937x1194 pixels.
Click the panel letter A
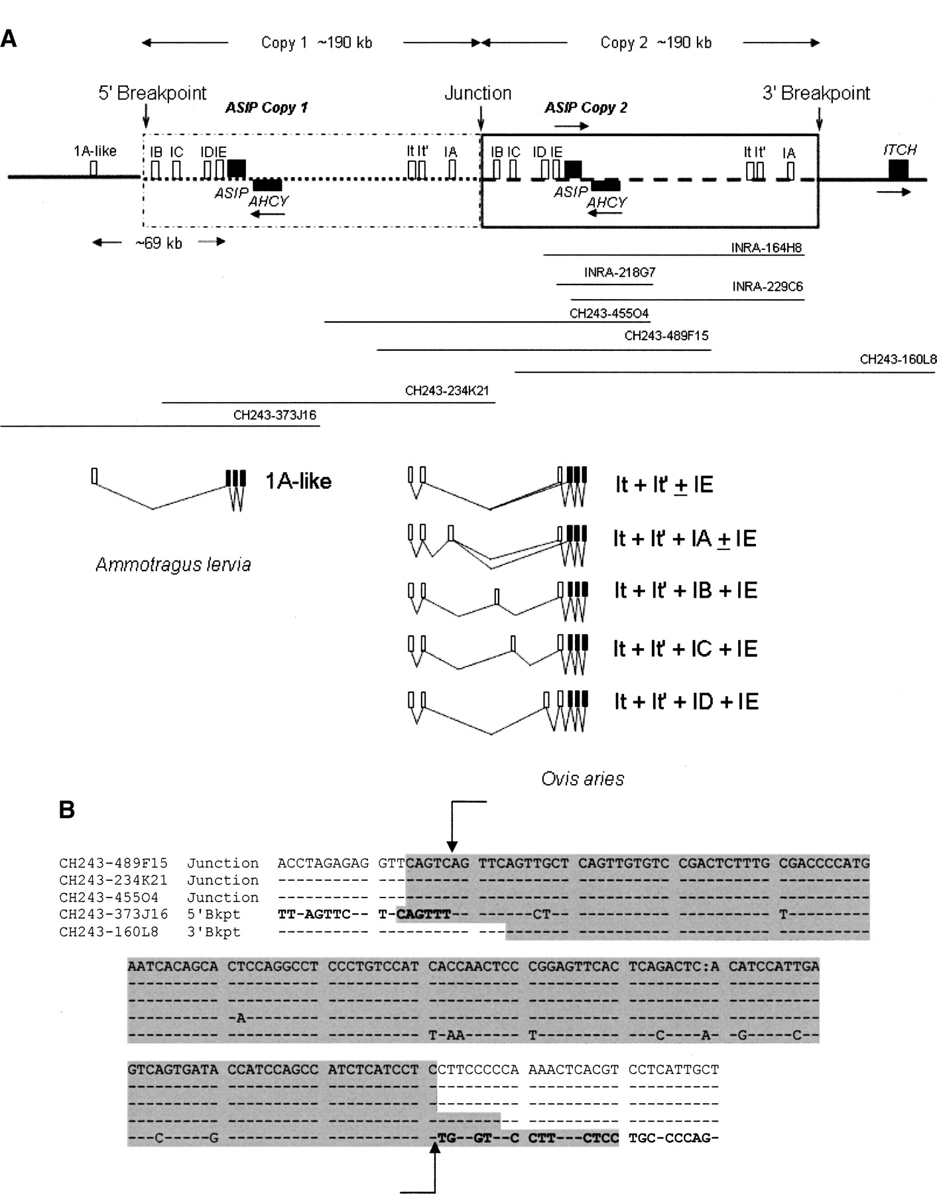(x=9, y=38)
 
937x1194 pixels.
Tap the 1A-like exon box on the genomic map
(x=94, y=168)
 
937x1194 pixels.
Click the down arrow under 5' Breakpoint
(x=145, y=118)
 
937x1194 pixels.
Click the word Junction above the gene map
(x=477, y=93)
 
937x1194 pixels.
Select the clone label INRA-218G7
(x=619, y=273)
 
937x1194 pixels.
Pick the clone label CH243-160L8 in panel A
(x=898, y=360)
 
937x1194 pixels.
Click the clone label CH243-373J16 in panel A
(x=275, y=416)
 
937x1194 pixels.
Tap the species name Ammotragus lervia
(x=173, y=564)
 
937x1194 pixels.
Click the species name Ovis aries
(x=582, y=778)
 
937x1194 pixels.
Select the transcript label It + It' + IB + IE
(x=685, y=590)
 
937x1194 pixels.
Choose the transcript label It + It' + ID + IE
(x=686, y=701)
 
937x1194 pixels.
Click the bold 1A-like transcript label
(x=298, y=481)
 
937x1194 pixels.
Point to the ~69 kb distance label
(x=158, y=243)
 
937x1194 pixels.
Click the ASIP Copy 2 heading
(x=586, y=107)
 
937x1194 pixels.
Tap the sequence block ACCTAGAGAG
(x=323, y=863)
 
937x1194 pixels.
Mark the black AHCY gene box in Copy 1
(x=267, y=184)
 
